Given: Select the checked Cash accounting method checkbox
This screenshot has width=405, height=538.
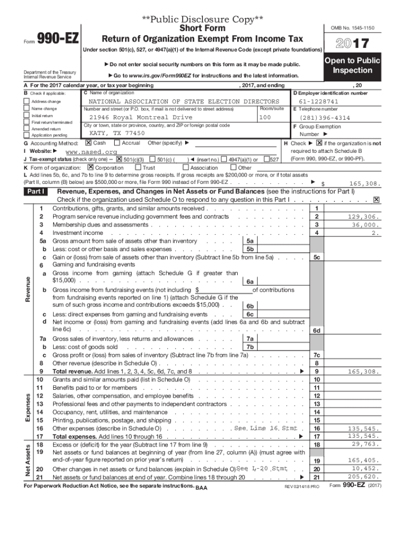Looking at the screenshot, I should click(88, 143).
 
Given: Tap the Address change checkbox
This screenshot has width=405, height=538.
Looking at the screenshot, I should click(27, 101).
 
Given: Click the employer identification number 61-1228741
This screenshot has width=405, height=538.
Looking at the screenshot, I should click(318, 101).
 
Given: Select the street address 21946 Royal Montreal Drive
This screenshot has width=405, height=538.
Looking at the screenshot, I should click(140, 117).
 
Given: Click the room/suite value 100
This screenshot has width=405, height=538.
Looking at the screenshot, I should click(265, 117).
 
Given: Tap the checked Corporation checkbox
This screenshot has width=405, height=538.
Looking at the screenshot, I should click(91, 168).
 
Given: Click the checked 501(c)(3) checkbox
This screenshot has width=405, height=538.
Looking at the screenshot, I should click(119, 159).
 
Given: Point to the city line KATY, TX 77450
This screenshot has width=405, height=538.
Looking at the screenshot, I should click(117, 133).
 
